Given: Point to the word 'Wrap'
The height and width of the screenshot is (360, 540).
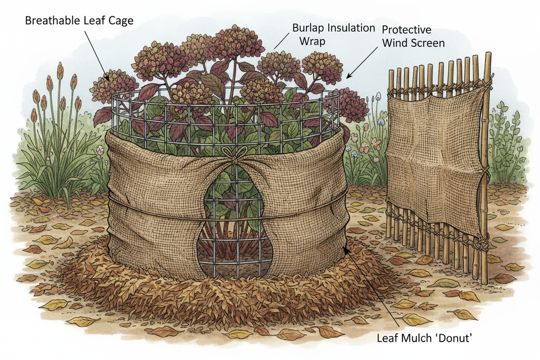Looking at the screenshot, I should point(312,40).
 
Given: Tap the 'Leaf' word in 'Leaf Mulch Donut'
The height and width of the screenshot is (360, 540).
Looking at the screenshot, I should point(389,338).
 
